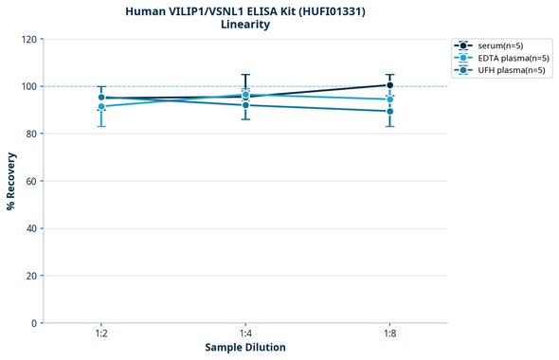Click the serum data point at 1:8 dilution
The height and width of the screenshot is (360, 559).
pos(389,85)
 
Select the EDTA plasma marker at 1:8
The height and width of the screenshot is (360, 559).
pos(389,99)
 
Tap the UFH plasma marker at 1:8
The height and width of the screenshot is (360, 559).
pos(389,111)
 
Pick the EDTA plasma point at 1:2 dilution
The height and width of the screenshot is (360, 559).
pos(101,107)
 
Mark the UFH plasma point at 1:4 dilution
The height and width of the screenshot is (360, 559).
pos(245,105)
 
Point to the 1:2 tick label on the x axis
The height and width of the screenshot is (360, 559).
pos(101,334)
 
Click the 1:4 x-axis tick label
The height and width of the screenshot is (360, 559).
pos(245,334)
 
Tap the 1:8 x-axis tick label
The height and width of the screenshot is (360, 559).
pos(389,334)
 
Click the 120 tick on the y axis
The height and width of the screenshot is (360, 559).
pos(28,40)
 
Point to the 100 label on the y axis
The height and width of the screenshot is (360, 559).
pos(28,87)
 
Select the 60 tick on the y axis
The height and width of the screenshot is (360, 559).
pos(31,181)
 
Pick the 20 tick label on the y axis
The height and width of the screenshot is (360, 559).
pos(31,276)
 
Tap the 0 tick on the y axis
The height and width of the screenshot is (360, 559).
pos(34,323)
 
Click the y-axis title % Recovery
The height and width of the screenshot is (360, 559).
pos(11,181)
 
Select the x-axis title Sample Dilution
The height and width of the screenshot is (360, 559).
pos(245,348)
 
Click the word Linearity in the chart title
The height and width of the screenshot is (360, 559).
pos(245,25)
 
